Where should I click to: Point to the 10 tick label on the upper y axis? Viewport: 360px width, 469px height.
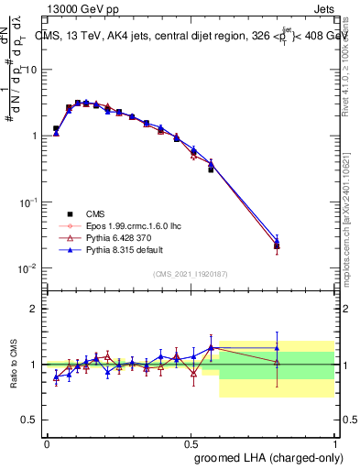coord(30,69)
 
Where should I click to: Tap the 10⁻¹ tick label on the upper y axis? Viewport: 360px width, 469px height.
coord(28,202)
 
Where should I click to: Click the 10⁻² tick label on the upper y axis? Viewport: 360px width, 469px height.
coord(28,268)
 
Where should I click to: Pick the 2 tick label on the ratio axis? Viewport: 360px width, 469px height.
coord(35,309)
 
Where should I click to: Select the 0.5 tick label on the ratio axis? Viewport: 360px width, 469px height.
coord(30,420)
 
